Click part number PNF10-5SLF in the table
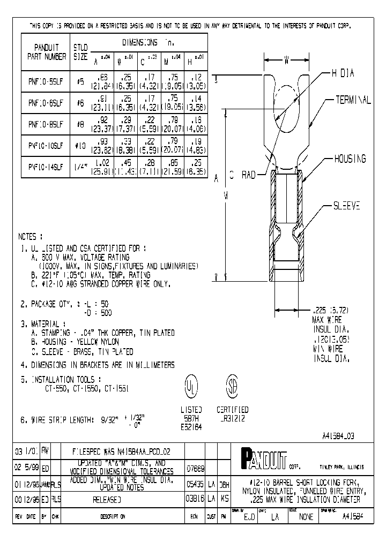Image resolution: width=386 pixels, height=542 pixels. (46, 82)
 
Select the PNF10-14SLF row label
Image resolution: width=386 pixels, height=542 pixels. (46, 167)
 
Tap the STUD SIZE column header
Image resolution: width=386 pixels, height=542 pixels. (80, 51)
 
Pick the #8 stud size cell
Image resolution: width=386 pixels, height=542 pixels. (80, 124)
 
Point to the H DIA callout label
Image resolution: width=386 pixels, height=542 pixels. (343, 73)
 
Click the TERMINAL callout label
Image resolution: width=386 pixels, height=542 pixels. (353, 100)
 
